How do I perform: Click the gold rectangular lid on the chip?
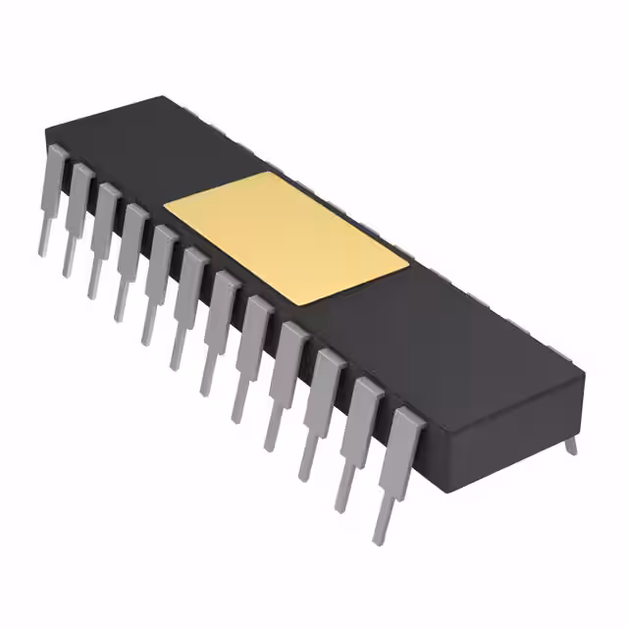pyautogui.click(x=285, y=235)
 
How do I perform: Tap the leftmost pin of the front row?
pyautogui.click(x=52, y=196)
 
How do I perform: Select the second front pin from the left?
pyautogui.click(x=78, y=216)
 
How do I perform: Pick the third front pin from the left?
pyautogui.click(x=103, y=235)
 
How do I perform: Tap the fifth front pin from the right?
pyautogui.click(x=253, y=353)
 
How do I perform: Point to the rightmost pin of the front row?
pyautogui.click(x=400, y=471)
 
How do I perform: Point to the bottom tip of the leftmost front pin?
pyautogui.click(x=42, y=251)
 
